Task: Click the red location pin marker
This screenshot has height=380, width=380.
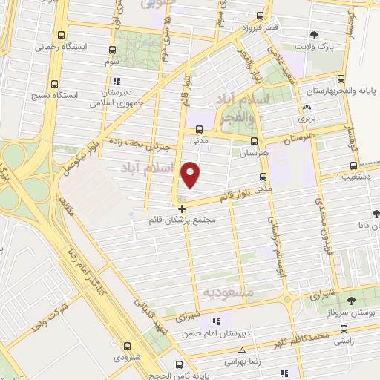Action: tap(191, 174)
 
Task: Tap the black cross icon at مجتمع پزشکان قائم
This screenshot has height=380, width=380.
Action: tap(183, 209)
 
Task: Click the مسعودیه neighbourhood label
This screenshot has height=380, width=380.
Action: tap(228, 293)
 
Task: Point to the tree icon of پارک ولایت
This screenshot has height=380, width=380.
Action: tap(314, 34)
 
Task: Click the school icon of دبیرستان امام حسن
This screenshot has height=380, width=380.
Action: tap(216, 321)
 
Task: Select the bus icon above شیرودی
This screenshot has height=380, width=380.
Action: tap(127, 346)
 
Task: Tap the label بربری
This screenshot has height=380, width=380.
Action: tap(307, 118)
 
